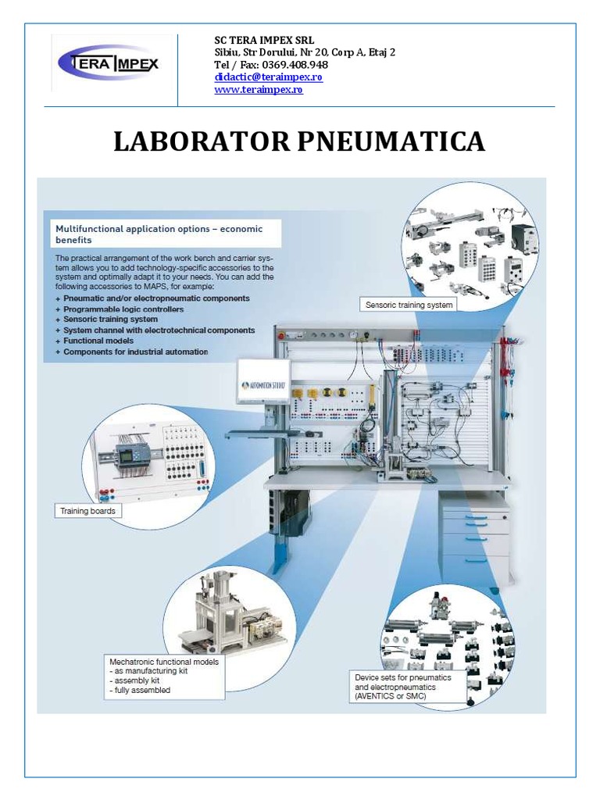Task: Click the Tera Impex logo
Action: point(109,63)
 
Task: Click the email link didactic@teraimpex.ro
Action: point(268,77)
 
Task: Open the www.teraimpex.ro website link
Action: point(259,90)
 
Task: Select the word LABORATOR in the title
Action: point(201,142)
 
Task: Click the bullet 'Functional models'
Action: point(99,341)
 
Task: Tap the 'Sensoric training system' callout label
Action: point(409,305)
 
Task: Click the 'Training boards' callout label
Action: point(87,511)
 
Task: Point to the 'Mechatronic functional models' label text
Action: point(164,662)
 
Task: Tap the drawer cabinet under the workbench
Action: point(475,539)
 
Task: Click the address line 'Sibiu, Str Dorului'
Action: point(305,52)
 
